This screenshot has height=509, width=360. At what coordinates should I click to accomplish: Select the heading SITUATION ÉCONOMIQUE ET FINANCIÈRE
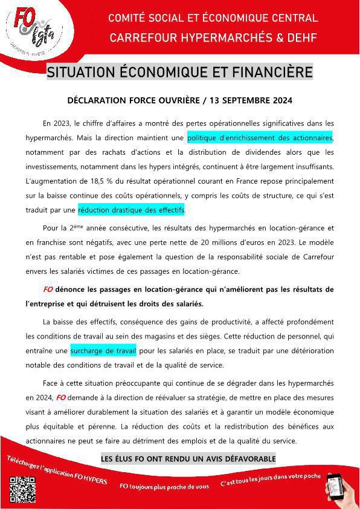(180, 73)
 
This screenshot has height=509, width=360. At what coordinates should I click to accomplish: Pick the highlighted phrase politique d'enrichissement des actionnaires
(260, 138)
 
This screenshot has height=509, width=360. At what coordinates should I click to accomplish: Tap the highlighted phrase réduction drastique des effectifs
(132, 210)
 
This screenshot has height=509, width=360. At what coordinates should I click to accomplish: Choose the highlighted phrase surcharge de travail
(103, 351)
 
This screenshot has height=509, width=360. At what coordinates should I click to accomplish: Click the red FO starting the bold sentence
(49, 290)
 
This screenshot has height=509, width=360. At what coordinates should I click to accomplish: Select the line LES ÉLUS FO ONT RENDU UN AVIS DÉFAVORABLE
(187, 459)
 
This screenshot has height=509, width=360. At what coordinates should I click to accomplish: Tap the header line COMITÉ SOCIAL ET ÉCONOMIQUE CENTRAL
(213, 18)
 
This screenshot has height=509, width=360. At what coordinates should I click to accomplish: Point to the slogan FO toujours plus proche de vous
(164, 485)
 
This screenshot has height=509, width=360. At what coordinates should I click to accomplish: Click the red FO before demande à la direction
(60, 398)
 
